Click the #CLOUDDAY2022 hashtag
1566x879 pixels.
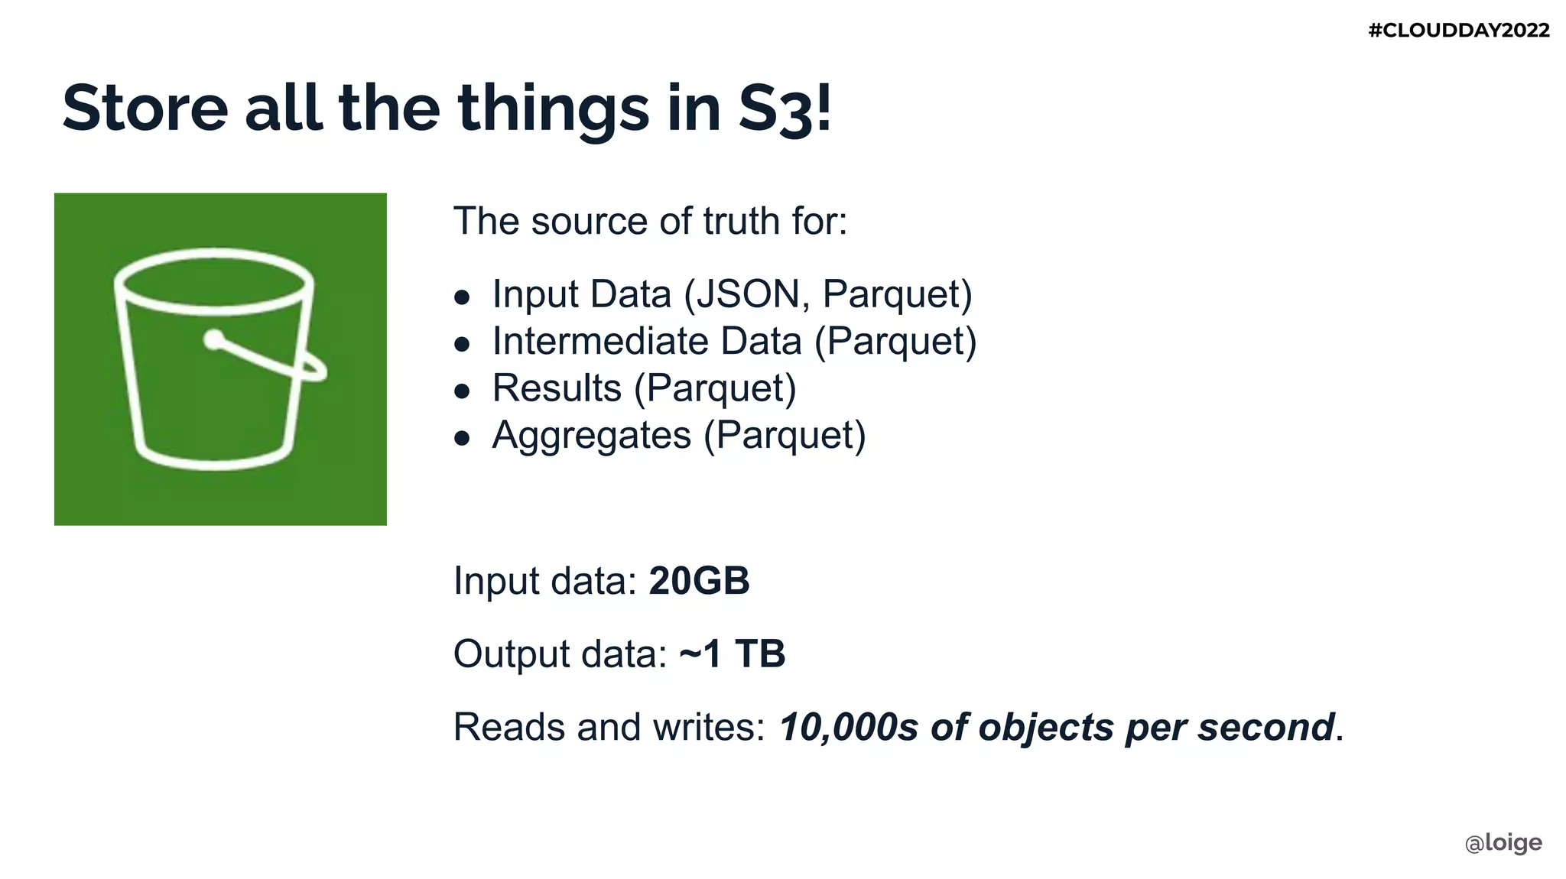pyautogui.click(x=1458, y=31)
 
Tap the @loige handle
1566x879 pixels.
pyautogui.click(x=1503, y=842)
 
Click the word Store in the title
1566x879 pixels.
pyautogui.click(x=145, y=108)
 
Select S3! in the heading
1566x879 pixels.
pyautogui.click(x=785, y=109)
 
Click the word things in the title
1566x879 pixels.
pyautogui.click(x=554, y=109)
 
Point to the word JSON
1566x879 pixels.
pyautogui.click(x=749, y=294)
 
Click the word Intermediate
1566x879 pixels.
pyautogui.click(x=599, y=341)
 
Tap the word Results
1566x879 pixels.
pyautogui.click(x=557, y=388)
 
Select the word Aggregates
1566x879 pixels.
pyautogui.click(x=591, y=436)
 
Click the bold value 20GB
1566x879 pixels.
pyautogui.click(x=699, y=581)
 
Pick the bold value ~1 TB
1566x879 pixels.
pyautogui.click(x=732, y=654)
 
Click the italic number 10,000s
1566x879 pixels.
pyautogui.click(x=848, y=727)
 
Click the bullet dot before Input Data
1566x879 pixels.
pyautogui.click(x=461, y=297)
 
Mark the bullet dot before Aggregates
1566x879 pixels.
pyautogui.click(x=461, y=438)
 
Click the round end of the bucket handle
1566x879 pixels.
pyautogui.click(x=214, y=339)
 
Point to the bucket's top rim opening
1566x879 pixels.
pyautogui.click(x=214, y=281)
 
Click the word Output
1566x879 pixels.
pyautogui.click(x=512, y=654)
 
